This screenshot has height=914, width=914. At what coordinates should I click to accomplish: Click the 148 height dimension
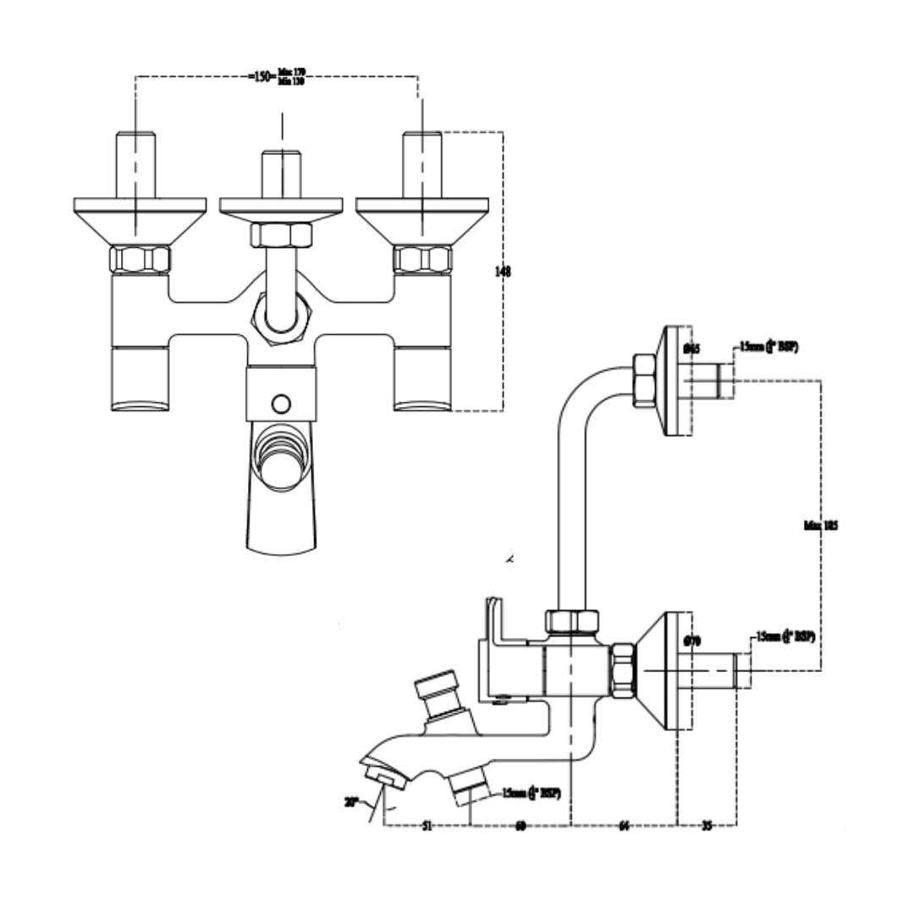coord(503,272)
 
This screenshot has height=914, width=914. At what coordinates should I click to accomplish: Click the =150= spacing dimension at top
coord(262,76)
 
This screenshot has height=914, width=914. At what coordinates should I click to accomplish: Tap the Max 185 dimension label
coord(820,526)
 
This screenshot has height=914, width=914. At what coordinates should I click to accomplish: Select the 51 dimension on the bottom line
coord(427,826)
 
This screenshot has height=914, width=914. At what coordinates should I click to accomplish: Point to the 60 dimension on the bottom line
coord(520,826)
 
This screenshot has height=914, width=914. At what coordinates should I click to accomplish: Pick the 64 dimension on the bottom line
coord(624,826)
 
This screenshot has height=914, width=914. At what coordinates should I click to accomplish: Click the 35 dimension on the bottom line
coord(707,826)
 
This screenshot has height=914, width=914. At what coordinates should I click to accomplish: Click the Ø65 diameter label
coord(691,348)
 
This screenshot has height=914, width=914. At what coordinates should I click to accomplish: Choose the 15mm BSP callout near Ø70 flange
coord(786,636)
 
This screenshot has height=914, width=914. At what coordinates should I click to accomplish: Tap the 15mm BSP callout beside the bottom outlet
coord(531,793)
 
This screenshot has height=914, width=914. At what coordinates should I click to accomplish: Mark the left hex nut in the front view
coord(140,260)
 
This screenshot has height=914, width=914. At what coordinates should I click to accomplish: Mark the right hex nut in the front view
coord(422,260)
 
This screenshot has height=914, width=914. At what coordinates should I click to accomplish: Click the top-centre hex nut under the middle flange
coord(281,234)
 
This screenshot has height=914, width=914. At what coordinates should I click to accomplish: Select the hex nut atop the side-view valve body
coord(571,622)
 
